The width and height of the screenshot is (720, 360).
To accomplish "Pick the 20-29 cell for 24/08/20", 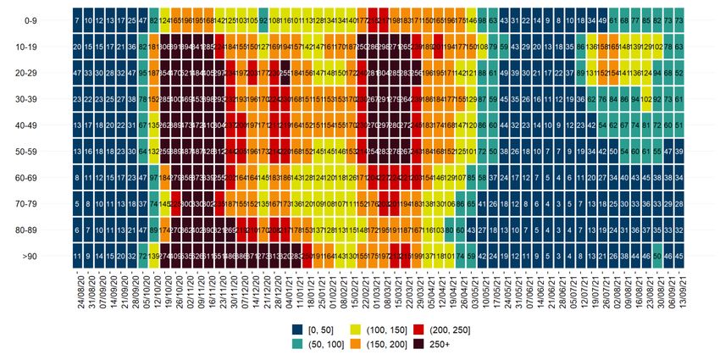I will tap(77, 72).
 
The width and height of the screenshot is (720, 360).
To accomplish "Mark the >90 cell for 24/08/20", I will tap(77, 256).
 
